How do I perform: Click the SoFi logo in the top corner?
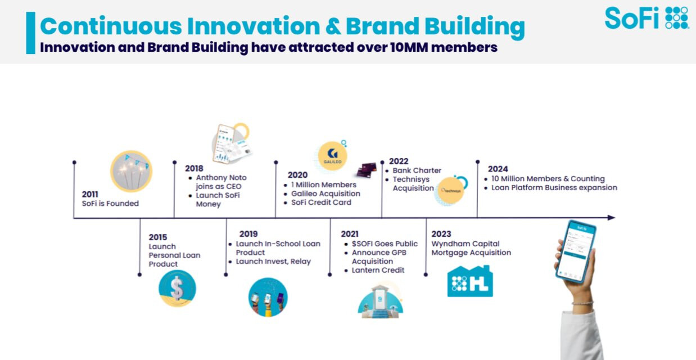click(x=647, y=18)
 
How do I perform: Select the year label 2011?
click(x=90, y=194)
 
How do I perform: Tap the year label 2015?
click(x=158, y=237)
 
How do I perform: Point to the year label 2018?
click(x=194, y=169)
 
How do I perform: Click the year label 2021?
click(x=350, y=234)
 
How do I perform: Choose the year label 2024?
click(x=498, y=169)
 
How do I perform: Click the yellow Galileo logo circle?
click(x=332, y=156)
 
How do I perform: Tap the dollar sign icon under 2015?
click(x=177, y=289)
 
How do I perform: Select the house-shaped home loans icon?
click(x=470, y=281)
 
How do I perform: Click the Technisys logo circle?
click(x=451, y=191)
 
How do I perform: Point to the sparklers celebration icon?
click(x=131, y=172)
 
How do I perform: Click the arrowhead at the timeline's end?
click(x=612, y=218)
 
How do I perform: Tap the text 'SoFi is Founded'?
click(x=110, y=203)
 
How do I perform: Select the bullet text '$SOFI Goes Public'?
click(x=385, y=244)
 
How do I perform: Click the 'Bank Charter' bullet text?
click(x=417, y=170)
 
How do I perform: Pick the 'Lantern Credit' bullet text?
click(x=378, y=270)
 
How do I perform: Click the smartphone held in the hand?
click(x=576, y=251)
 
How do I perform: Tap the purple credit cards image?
click(x=367, y=170)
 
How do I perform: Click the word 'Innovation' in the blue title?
click(x=254, y=26)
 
